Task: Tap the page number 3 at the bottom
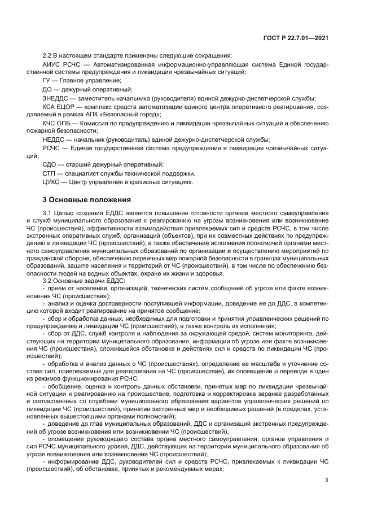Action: [327, 480]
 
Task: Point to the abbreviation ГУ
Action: [48, 81]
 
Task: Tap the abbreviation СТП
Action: [51, 173]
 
